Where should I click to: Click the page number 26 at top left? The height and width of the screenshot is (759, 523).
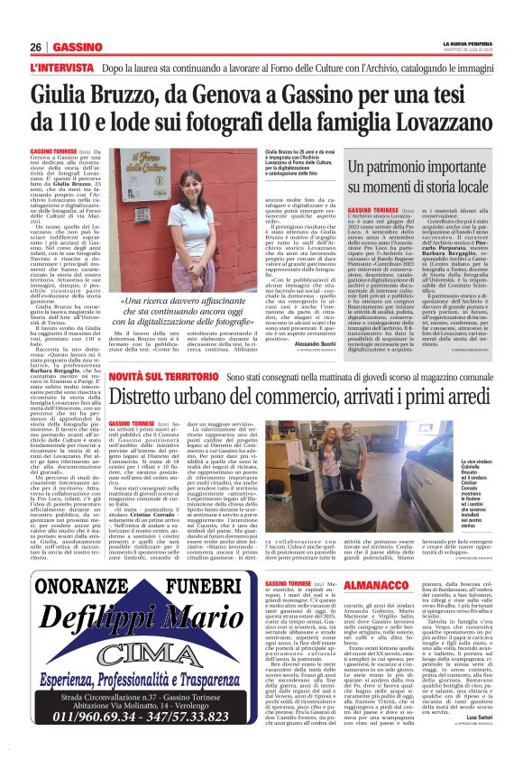[x=35, y=47]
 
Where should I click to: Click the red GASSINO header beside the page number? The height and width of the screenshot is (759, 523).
[x=72, y=47]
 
